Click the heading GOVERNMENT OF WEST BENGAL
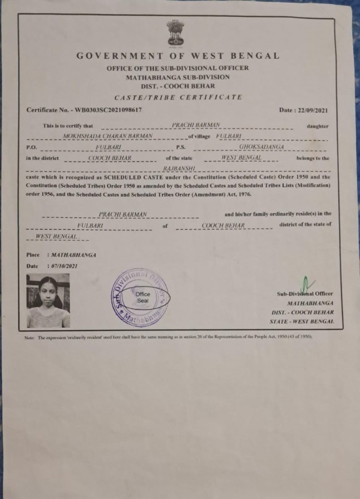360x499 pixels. [x=177, y=56]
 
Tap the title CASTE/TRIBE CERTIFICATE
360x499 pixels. [x=177, y=97]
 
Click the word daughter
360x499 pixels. [x=317, y=126]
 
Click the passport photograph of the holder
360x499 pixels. [x=48, y=300]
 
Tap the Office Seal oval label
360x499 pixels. [x=143, y=297]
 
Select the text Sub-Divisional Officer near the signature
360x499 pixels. [x=305, y=293]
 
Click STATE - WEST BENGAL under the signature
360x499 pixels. [x=309, y=321]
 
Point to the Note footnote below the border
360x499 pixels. [x=167, y=338]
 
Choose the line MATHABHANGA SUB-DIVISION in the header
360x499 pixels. [x=177, y=77]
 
